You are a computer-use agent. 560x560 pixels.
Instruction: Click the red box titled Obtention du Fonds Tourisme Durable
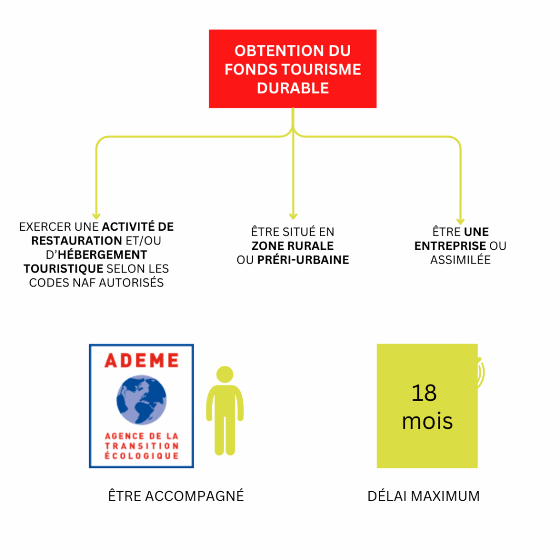pos(293,68)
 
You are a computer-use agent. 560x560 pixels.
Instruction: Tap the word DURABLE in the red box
pos(293,88)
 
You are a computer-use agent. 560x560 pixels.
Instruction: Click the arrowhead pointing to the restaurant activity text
pos(96,217)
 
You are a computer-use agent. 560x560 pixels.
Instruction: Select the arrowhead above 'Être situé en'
pos(293,217)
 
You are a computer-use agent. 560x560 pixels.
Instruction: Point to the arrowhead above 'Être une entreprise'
pos(460,221)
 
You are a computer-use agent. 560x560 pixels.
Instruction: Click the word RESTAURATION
pos(77,241)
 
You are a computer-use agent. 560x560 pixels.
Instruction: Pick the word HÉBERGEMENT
pos(102,255)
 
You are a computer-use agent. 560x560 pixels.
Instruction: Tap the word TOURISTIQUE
pos(63,269)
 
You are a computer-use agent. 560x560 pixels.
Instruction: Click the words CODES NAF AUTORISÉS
pos(96,283)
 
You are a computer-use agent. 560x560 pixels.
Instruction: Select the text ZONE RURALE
pos(293,246)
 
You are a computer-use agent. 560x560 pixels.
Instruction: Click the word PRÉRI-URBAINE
pos(303,260)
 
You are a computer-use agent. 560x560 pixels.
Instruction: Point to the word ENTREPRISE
pos(450,246)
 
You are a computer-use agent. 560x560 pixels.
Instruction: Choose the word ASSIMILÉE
pos(460,260)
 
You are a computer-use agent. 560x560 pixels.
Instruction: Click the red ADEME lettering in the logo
pos(142,360)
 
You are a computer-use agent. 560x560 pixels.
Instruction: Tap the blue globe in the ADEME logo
pos(142,400)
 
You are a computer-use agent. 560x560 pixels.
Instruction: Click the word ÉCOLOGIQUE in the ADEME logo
pos(142,456)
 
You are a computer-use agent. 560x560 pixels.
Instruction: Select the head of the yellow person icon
pos(225,374)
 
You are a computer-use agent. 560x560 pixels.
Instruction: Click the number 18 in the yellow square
pos(424,393)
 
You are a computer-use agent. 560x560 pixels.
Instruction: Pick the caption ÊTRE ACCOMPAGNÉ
pos(176,495)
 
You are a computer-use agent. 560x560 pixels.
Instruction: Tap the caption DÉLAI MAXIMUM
pos(424,496)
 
